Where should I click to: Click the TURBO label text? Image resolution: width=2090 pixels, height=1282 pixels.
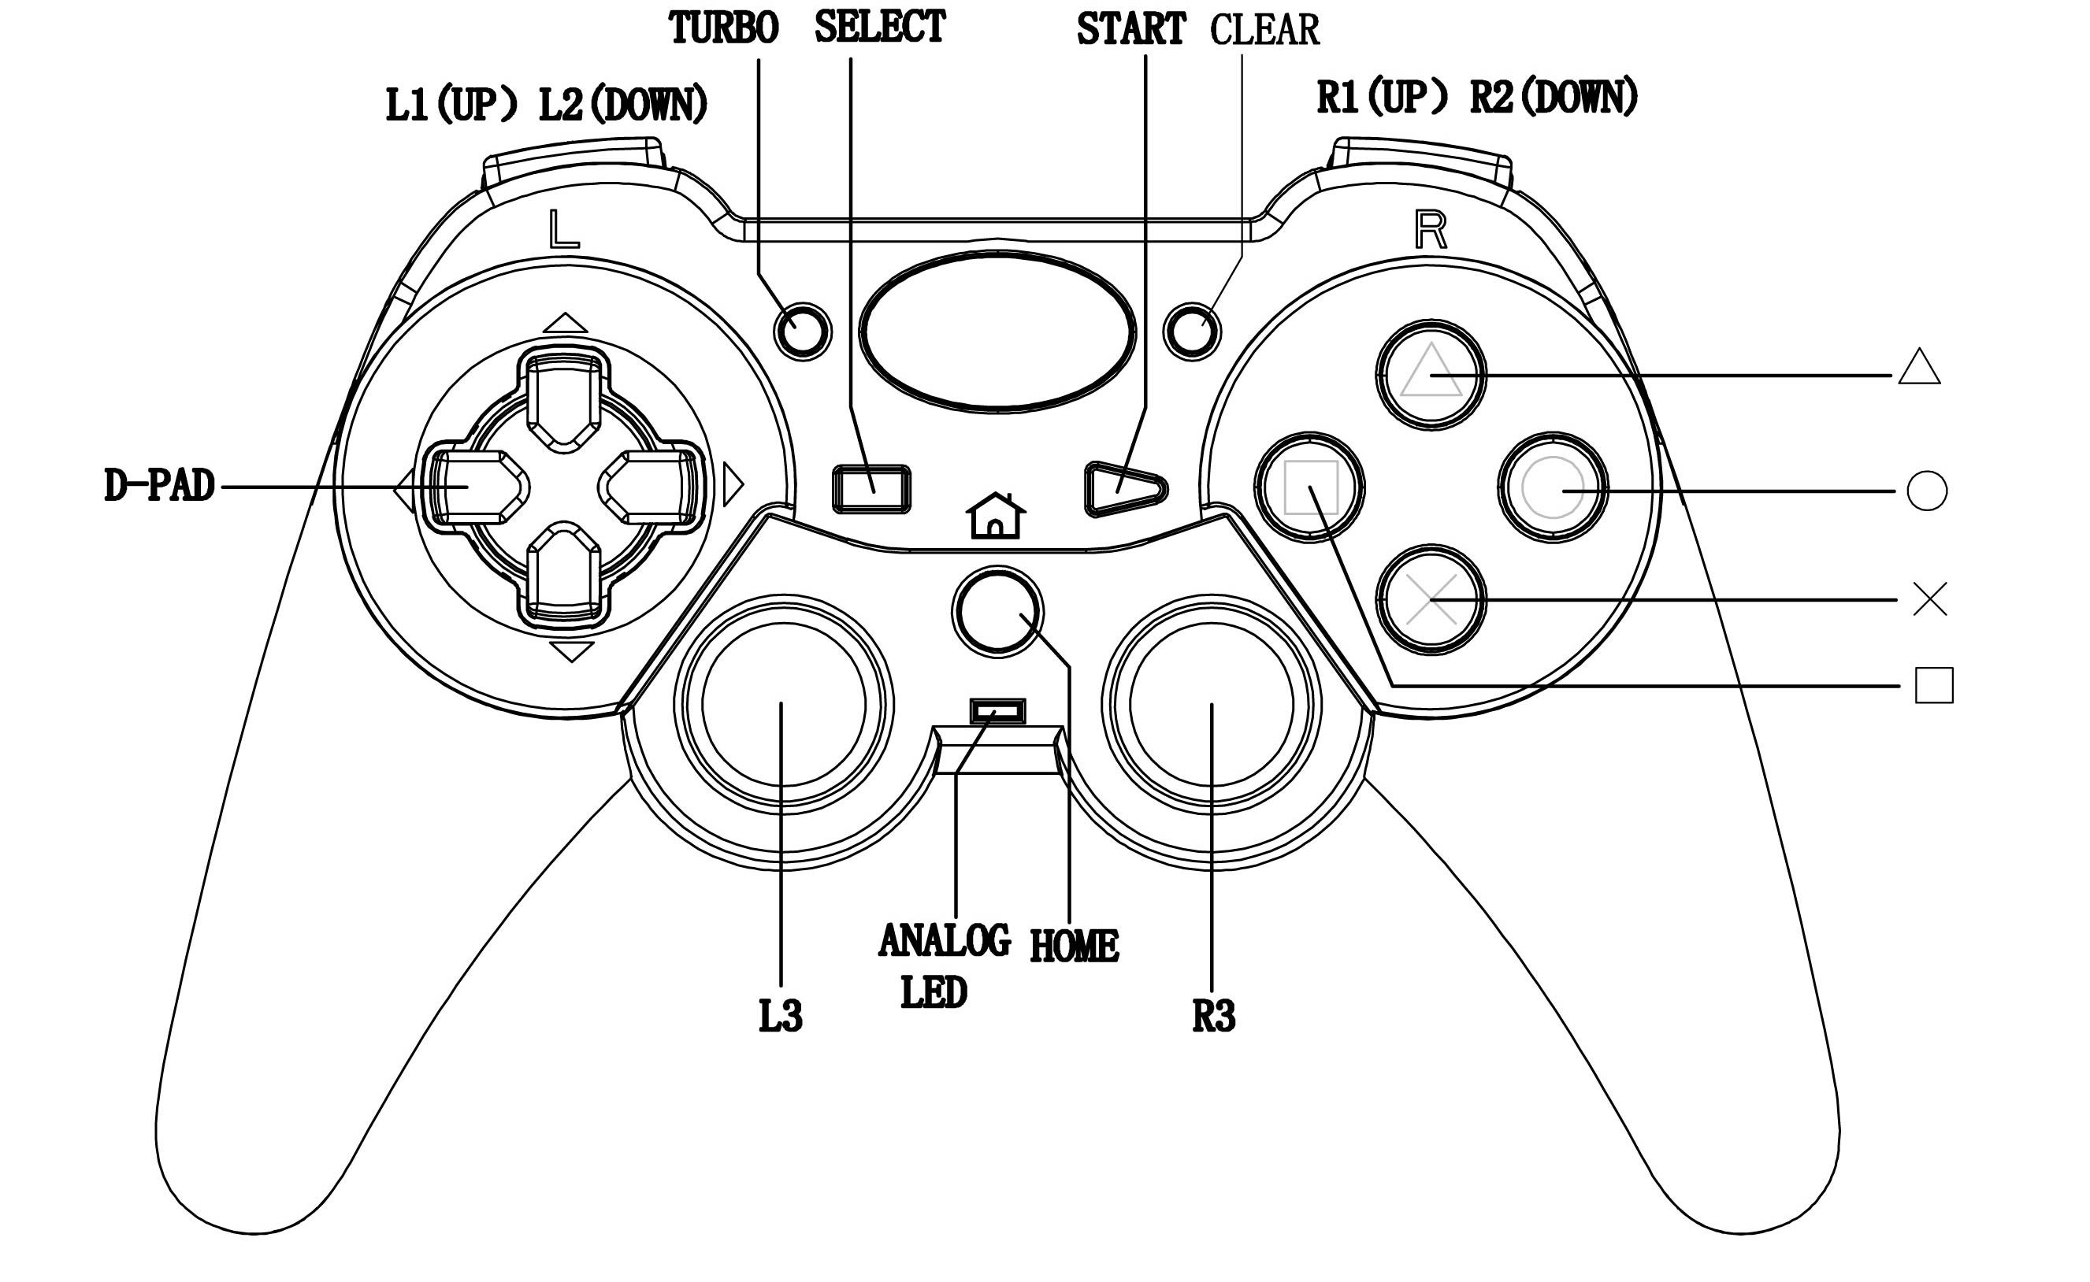[723, 28]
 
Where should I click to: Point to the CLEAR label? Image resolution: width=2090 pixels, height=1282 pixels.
[1264, 31]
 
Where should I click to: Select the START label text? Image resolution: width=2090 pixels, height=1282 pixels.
[1130, 30]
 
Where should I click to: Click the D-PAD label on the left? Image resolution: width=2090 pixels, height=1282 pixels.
[159, 486]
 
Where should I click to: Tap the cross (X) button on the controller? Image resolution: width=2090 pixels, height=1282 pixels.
[1430, 599]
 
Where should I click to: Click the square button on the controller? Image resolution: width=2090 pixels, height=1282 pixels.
[1309, 487]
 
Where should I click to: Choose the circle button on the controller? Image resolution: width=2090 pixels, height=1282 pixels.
[1552, 487]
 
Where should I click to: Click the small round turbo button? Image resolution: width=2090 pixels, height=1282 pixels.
[803, 331]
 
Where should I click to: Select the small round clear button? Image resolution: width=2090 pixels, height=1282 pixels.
[1192, 331]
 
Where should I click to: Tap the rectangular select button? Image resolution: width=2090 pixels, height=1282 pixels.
[871, 489]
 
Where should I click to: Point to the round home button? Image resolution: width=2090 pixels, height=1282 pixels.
[997, 611]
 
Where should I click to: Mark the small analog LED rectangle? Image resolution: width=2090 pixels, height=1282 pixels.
[997, 710]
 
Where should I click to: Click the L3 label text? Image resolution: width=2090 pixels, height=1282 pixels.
[779, 1016]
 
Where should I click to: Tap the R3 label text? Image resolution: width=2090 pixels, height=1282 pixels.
[1213, 1016]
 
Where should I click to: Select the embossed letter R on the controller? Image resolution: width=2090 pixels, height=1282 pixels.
[1430, 230]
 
